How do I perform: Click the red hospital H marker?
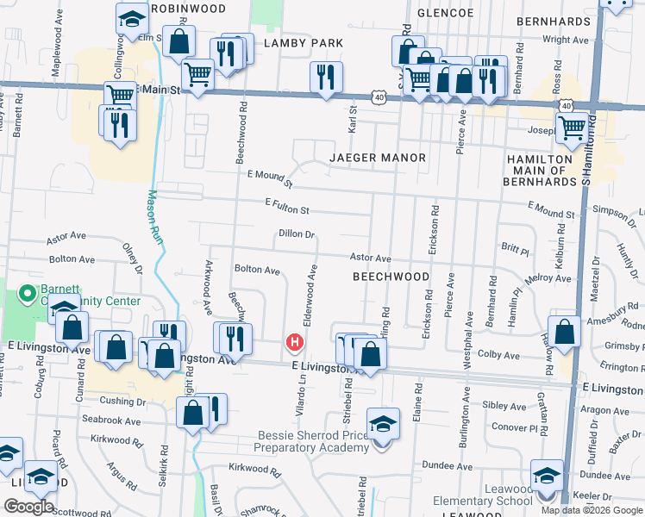[295, 343]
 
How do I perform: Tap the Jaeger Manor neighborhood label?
[378, 158]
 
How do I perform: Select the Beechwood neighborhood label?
[391, 277]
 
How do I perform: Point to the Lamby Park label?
[304, 43]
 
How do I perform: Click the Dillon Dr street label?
[298, 234]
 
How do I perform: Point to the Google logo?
[28, 507]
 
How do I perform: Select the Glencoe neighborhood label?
[446, 14]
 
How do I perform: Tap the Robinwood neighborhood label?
[187, 9]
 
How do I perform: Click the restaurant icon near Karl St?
[326, 77]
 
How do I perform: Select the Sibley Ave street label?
[504, 404]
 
